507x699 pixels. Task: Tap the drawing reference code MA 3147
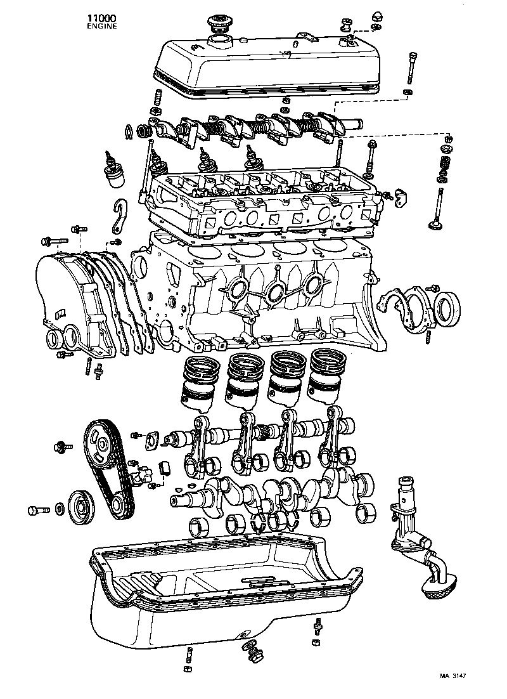(x=453, y=677)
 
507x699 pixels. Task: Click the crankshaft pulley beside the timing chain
(x=80, y=507)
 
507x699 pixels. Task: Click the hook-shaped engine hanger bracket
(x=122, y=218)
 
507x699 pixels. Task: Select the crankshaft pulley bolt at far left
(x=38, y=509)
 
